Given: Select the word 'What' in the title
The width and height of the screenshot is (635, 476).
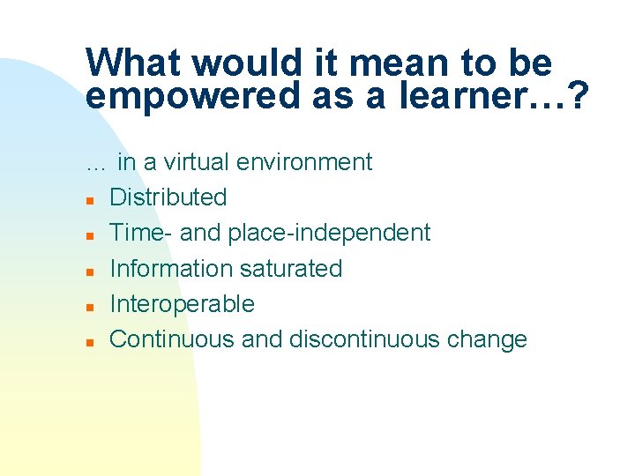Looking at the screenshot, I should tap(133, 63).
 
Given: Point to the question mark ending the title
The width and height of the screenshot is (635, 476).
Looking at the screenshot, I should tap(579, 95).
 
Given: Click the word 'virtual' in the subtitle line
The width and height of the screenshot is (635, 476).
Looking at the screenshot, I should tap(198, 162).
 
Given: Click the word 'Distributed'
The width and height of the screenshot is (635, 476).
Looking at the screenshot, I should tap(168, 197).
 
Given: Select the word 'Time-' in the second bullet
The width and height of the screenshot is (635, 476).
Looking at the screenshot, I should tap(139, 233).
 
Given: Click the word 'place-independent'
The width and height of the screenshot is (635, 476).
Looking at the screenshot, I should tap(329, 233).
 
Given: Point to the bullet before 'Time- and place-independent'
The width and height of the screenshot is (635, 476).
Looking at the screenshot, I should tap(90, 235).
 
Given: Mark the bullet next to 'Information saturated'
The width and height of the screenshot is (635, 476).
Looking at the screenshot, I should tap(90, 271).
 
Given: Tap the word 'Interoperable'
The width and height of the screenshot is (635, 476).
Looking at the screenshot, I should tap(182, 304).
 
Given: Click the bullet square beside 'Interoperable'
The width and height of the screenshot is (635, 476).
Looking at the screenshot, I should tap(90, 307).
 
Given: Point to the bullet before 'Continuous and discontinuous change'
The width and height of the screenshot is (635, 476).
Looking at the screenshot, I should tap(90, 342).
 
